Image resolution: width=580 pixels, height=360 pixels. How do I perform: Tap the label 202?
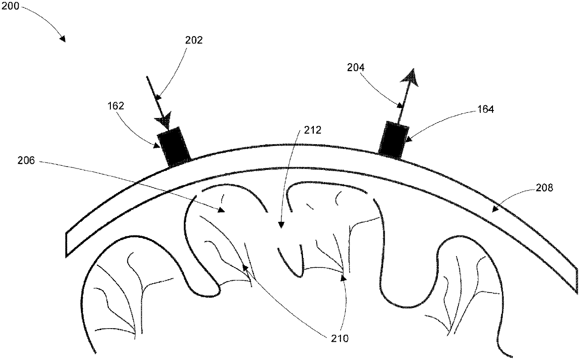tap(193, 40)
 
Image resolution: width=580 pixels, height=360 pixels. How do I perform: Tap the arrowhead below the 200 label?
tap(62, 39)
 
